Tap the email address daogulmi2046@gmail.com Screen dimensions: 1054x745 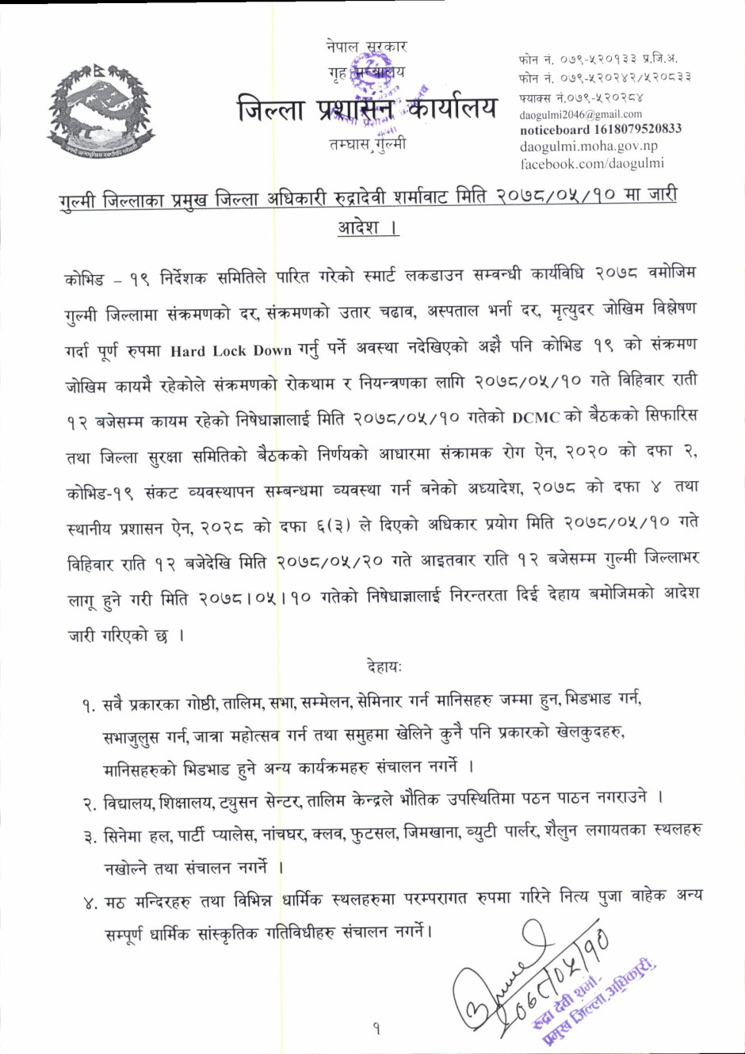pos(581,114)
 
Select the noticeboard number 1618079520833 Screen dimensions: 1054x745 pos(600,129)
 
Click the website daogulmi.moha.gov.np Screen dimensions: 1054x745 pos(588,147)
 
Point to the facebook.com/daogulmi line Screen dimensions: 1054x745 pos(591,164)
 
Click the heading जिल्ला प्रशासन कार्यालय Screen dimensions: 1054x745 pos(367,108)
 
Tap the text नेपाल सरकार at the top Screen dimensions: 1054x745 pos(366,47)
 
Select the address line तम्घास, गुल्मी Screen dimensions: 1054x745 pos(367,144)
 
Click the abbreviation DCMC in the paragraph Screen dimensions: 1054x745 pos(536,418)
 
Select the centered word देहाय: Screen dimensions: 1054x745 pos(384,667)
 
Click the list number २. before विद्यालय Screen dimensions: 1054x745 pos(89,804)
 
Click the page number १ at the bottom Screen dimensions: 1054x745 pos(376,1029)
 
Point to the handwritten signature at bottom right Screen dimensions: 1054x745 pos(507,975)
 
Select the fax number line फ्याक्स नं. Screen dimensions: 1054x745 pos(581,97)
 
